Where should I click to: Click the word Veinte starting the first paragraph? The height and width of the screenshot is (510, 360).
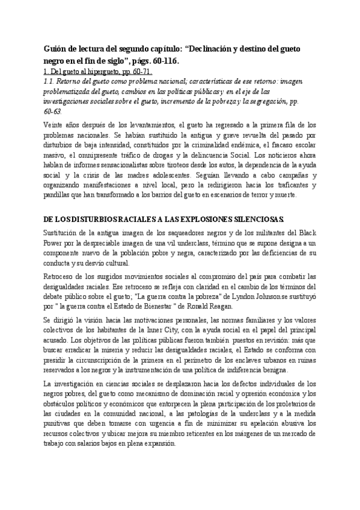(55, 124)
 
